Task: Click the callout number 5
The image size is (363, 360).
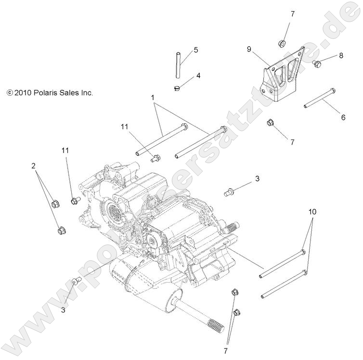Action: point(196,50)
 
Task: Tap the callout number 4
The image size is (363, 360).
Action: point(198,76)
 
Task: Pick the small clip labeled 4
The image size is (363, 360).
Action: point(178,88)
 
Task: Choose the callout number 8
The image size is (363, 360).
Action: point(341,55)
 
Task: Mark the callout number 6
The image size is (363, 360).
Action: point(343,117)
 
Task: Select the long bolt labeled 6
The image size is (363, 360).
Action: point(320,98)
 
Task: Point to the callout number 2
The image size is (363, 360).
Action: point(33,166)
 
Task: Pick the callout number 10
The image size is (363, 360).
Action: point(312,211)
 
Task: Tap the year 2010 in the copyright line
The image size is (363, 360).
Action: point(22,93)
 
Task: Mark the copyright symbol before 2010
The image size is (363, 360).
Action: point(9,93)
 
